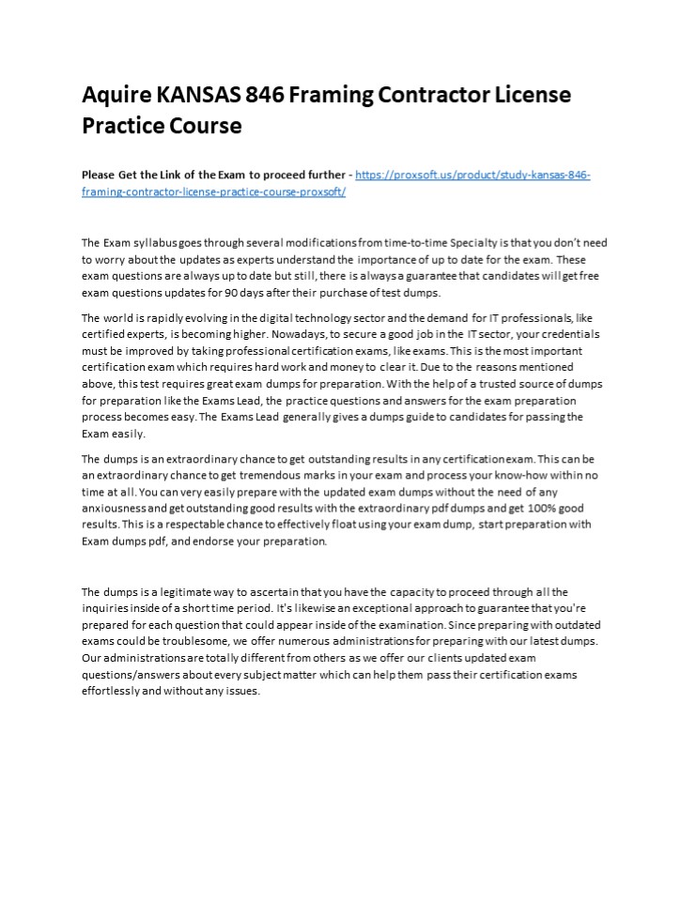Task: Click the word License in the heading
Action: click(x=525, y=95)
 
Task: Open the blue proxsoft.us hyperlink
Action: click(x=472, y=176)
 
